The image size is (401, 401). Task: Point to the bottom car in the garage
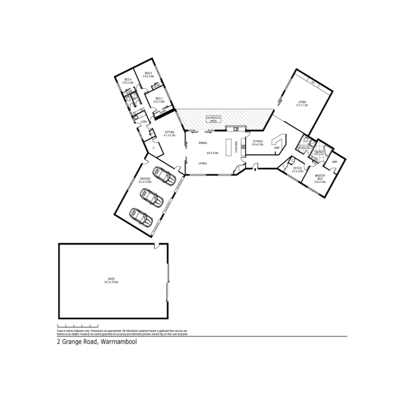point(141,217)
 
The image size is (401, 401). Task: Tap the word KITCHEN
point(236,147)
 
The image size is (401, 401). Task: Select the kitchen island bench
point(229,147)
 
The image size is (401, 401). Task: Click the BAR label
point(277,147)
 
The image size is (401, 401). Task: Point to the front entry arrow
point(255,169)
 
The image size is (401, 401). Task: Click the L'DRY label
point(144,122)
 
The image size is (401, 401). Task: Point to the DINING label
point(203,143)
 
